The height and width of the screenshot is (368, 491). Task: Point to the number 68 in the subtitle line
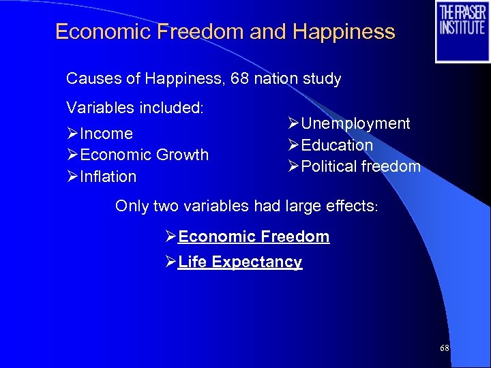point(239,78)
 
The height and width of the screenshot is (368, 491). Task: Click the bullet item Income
point(106,134)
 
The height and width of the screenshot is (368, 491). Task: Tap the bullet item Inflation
point(108,177)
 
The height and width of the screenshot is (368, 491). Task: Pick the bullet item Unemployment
point(355,123)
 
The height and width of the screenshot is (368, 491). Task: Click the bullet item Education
point(337,145)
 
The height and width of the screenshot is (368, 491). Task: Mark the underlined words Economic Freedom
point(254,236)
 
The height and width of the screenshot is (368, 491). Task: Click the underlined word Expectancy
point(257,262)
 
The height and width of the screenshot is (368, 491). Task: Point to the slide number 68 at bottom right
point(445,348)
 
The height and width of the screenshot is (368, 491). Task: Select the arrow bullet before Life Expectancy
point(170,262)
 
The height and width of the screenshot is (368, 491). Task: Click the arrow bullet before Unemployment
point(294,123)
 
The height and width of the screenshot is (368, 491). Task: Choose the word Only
point(131,206)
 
